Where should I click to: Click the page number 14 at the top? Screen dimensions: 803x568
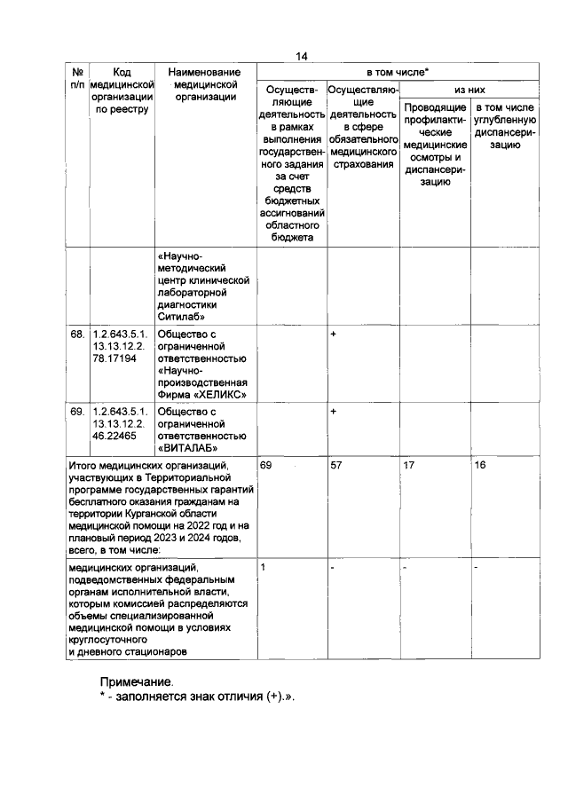click(301, 56)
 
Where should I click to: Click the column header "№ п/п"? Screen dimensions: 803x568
click(78, 76)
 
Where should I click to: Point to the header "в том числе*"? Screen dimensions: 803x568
click(398, 71)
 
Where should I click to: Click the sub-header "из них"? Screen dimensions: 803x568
click(469, 91)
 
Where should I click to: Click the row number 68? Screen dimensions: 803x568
click(77, 335)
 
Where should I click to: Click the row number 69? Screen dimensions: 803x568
click(77, 412)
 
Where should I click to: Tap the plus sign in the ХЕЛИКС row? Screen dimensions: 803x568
click(333, 335)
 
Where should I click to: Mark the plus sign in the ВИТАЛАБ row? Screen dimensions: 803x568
click(333, 412)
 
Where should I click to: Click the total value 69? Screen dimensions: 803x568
click(266, 464)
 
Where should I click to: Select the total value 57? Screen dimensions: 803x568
click(335, 464)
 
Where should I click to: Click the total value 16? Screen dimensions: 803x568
click(480, 464)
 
